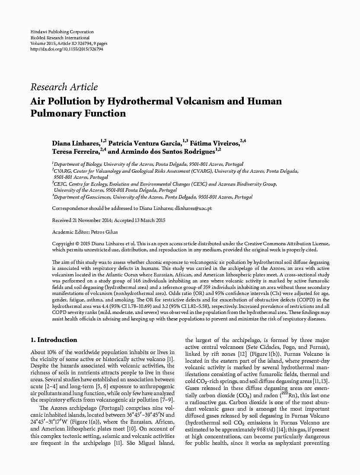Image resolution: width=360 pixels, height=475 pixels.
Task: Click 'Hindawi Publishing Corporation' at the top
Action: coord(62,32)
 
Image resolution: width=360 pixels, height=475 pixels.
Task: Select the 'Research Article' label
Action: coord(64,87)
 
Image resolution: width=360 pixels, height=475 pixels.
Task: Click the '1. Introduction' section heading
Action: coord(54,340)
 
